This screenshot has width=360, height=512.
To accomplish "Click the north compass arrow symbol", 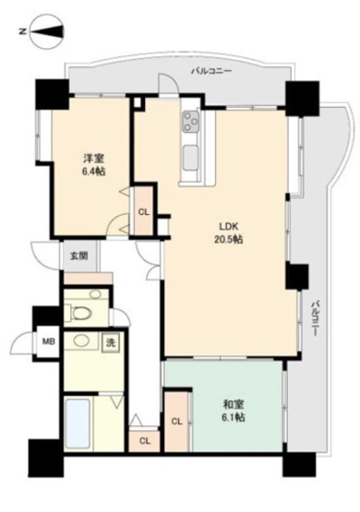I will [x=42, y=33].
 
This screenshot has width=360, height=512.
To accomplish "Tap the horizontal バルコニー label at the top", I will [x=211, y=71].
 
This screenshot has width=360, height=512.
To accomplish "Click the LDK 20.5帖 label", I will [x=231, y=232].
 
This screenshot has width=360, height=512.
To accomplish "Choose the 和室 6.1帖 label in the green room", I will [x=234, y=411].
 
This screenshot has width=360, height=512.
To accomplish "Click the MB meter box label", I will [x=46, y=341].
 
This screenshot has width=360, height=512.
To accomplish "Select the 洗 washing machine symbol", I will [x=110, y=342].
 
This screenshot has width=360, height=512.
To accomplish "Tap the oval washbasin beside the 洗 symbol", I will [x=84, y=342].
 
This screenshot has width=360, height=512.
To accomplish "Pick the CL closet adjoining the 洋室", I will [x=144, y=211].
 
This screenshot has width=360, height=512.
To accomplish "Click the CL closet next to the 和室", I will [x=175, y=422].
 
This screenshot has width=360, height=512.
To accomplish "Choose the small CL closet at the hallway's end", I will [x=144, y=441].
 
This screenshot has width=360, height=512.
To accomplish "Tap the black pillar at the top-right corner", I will [x=300, y=97].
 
